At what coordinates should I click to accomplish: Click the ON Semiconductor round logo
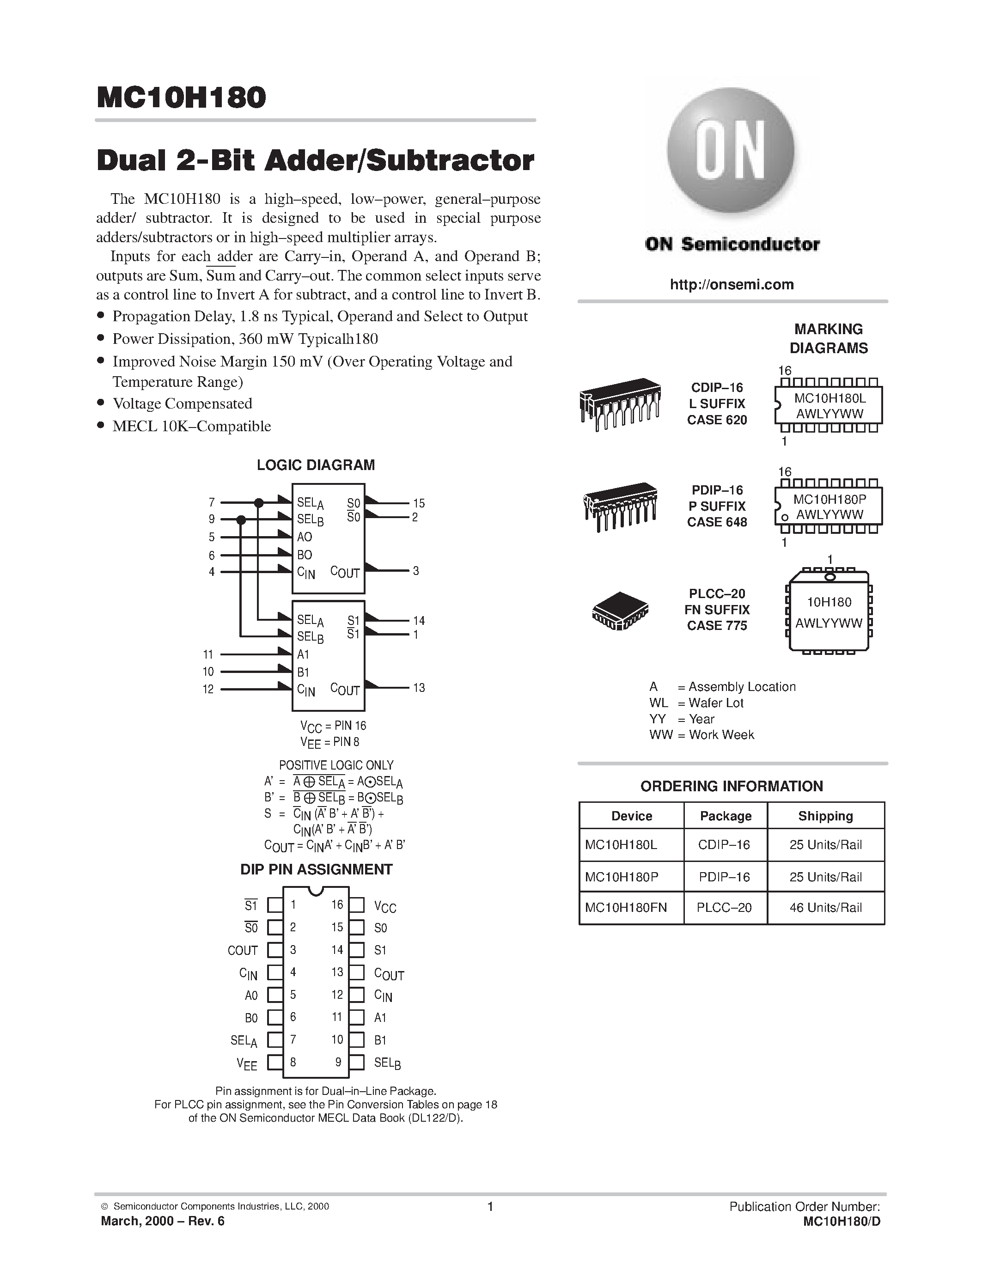731,151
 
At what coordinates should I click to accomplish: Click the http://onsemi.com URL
731,285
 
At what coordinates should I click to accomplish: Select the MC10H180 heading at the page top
181,98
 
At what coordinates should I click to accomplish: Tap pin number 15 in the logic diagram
419,503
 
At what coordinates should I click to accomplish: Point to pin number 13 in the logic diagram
419,688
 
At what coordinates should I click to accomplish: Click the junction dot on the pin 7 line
259,503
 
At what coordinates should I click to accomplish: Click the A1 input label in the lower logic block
303,655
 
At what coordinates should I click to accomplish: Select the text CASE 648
717,522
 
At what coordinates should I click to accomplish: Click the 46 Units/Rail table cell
825,907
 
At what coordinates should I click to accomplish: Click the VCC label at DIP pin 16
385,907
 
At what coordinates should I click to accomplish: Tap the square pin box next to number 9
357,1063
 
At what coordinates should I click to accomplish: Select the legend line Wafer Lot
697,703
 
